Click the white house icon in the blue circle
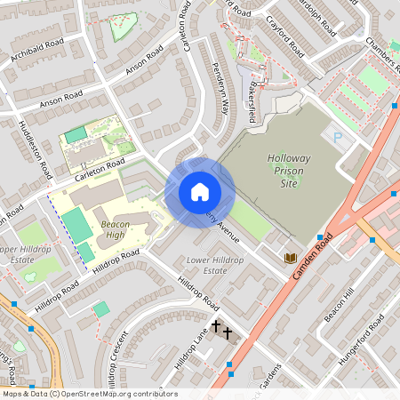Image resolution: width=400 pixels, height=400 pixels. coord(199,191)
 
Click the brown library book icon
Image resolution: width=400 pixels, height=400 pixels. coord(290,258)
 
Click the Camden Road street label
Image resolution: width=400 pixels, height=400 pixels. coord(313,258)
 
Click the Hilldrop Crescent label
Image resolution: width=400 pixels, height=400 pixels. coord(116,360)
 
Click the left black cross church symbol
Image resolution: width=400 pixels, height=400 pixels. coord(216,329)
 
